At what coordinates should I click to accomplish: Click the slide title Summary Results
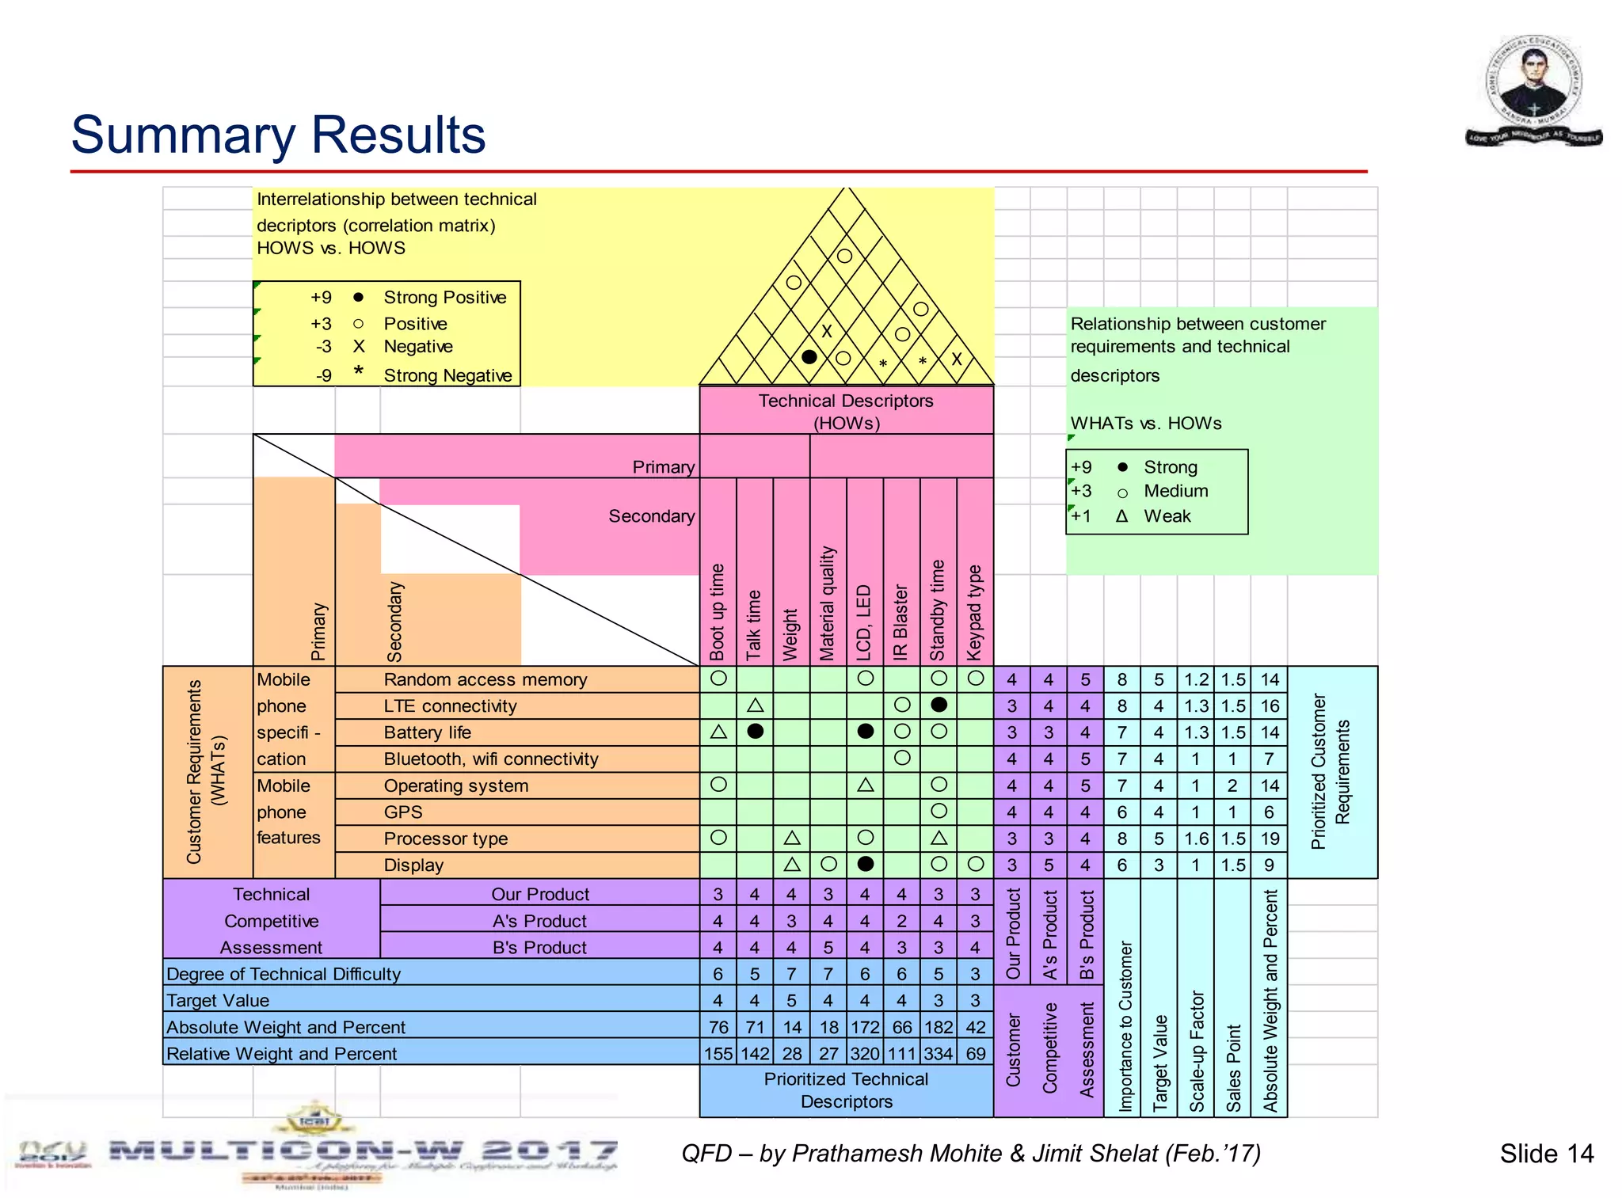point(278,135)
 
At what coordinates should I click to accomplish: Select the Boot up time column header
point(718,611)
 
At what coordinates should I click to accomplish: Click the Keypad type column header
point(975,612)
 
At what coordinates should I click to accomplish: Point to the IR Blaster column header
point(901,622)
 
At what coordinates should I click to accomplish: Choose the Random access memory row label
point(485,679)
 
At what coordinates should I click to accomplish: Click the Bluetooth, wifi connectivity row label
point(490,759)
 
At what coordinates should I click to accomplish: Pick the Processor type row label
point(445,839)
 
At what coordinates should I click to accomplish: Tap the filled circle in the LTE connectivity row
point(939,705)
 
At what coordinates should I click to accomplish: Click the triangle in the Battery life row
point(718,732)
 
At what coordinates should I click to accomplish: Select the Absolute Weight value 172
point(865,1027)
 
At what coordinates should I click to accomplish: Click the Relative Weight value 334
point(939,1054)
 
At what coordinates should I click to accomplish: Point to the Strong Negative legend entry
point(447,375)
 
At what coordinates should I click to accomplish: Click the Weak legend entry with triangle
point(1167,516)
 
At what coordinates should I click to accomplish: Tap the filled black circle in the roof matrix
point(809,357)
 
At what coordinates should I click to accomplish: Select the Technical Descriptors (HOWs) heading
point(846,411)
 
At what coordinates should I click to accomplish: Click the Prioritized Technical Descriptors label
point(846,1090)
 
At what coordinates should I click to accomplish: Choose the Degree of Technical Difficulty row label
point(284,974)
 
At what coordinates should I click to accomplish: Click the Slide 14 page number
point(1546,1154)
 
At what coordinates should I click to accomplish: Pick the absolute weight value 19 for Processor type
point(1270,839)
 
